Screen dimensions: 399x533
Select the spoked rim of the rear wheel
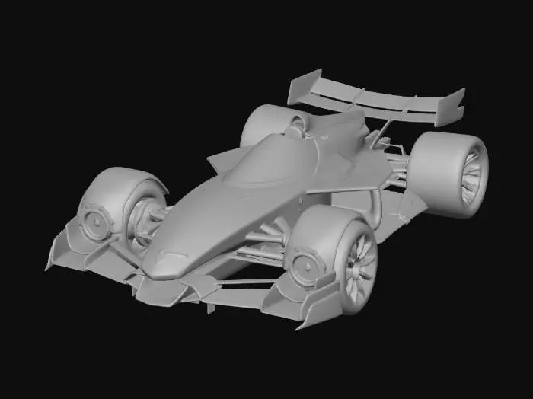click(x=471, y=176)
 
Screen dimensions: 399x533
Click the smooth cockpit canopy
click(x=270, y=160)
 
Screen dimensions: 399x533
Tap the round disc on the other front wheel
click(x=97, y=221)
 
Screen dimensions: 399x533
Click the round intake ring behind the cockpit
click(x=292, y=129)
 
